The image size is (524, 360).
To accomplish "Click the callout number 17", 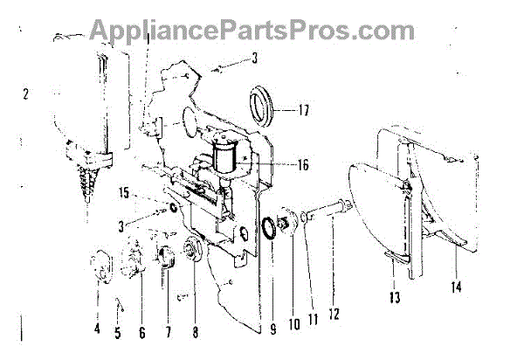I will click(303, 111).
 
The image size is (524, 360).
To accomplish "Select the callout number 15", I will click(125, 192).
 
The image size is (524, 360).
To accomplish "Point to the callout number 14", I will click(458, 286).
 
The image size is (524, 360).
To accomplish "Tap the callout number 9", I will click(273, 330).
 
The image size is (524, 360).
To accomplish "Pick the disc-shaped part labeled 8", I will click(191, 252).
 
